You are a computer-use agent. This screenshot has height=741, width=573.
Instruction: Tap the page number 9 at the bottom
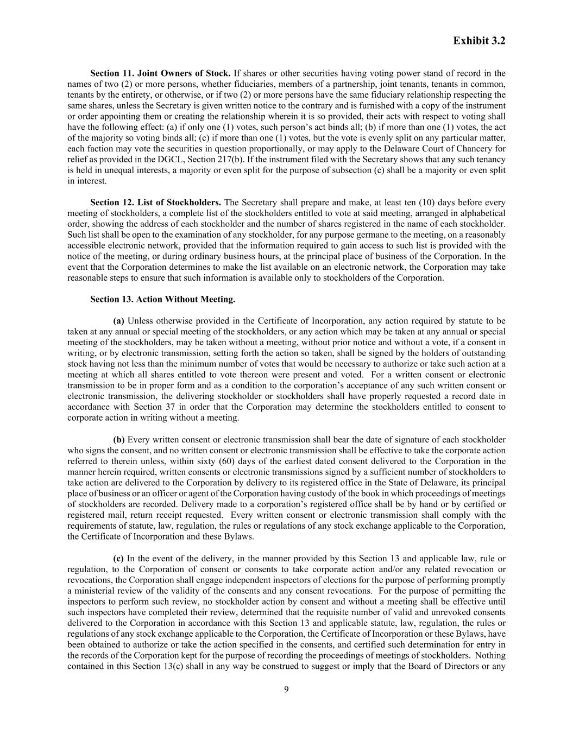coord(286,689)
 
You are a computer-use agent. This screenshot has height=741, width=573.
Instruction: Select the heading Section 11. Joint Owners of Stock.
coord(160,73)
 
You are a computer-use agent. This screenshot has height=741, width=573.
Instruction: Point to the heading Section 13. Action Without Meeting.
coord(162,299)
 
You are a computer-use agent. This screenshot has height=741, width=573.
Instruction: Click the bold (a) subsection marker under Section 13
coord(118,321)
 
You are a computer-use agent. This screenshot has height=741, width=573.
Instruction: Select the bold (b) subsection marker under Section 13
coord(119,440)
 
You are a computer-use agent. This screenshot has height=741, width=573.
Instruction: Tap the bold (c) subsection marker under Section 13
coord(118,559)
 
